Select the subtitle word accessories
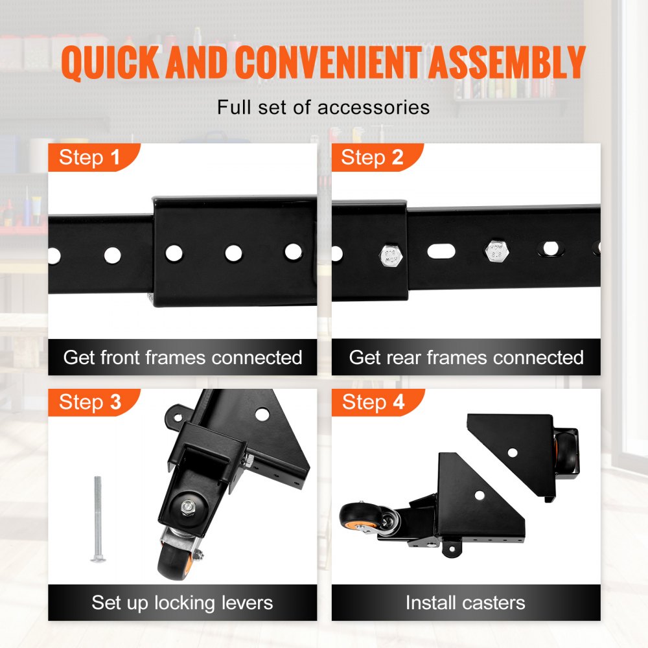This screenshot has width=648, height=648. point(373,107)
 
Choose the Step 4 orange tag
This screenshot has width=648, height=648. point(373,402)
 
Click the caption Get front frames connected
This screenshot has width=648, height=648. point(183,358)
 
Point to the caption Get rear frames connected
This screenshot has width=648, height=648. point(466,358)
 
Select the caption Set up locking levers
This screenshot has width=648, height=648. point(182,603)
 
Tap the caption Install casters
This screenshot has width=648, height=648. point(465,603)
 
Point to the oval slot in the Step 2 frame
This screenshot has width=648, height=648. point(441,249)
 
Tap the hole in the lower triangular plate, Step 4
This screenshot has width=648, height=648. point(480,495)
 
